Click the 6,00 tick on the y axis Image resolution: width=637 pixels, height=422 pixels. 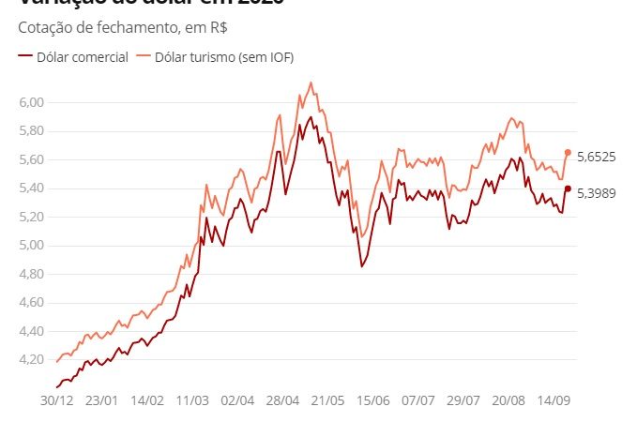[31, 101]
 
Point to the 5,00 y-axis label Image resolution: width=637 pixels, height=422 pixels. [31, 246]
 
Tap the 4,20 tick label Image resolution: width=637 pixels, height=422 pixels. [31, 360]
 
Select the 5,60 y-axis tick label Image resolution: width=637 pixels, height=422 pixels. [31, 159]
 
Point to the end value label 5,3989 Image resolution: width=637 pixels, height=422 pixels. [596, 192]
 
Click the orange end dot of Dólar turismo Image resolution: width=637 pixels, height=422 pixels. [568, 152]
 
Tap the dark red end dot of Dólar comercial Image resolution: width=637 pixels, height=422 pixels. [568, 188]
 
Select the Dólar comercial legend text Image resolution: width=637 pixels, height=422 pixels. [82, 57]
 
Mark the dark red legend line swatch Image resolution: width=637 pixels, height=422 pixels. [24, 57]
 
